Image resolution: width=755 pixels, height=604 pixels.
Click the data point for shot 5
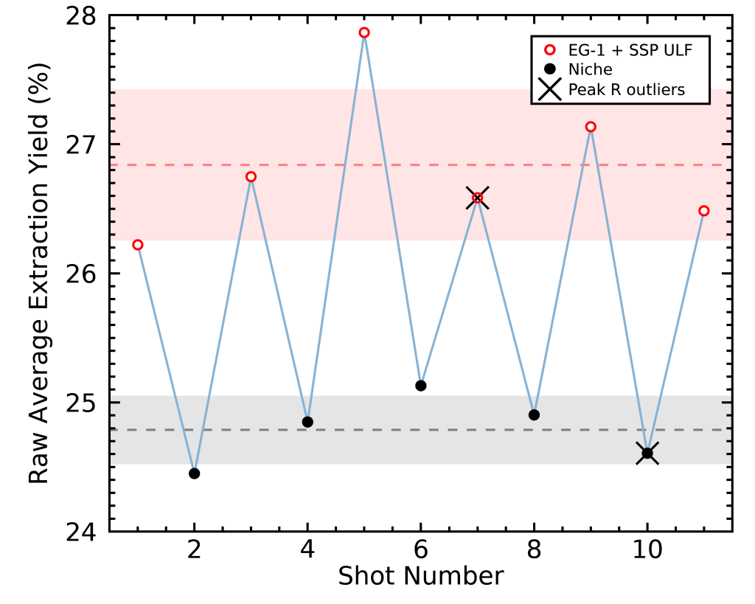click(x=364, y=32)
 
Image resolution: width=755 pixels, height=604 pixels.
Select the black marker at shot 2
click(x=195, y=473)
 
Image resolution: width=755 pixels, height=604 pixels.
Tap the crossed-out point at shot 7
click(x=478, y=198)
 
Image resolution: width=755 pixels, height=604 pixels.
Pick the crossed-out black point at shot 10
click(x=647, y=454)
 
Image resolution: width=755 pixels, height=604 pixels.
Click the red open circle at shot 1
click(x=138, y=245)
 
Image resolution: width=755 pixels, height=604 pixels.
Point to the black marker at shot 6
click(x=421, y=386)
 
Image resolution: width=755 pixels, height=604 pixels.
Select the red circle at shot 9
click(x=591, y=127)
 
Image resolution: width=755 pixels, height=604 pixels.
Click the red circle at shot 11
click(x=704, y=211)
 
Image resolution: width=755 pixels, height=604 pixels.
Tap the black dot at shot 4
click(x=307, y=422)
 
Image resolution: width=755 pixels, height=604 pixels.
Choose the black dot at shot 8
click(x=534, y=414)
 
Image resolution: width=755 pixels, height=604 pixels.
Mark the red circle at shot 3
click(x=251, y=177)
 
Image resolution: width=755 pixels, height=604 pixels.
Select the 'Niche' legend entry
click(x=590, y=69)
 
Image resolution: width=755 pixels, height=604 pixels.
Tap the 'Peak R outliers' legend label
click(x=626, y=89)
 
